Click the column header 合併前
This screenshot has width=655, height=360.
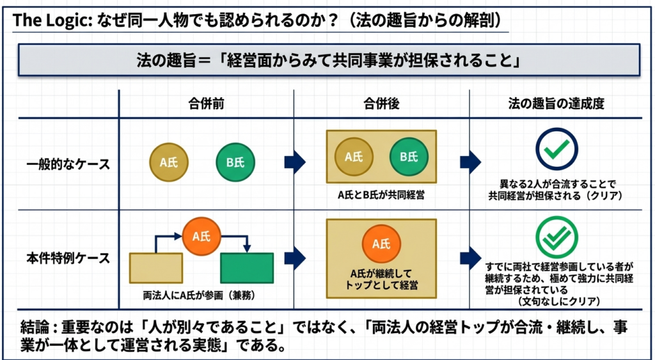point(206,104)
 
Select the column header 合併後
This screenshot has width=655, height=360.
point(381,104)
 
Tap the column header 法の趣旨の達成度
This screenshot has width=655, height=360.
point(556,104)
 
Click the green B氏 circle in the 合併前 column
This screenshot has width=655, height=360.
point(235,162)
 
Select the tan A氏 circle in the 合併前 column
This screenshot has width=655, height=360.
point(169,162)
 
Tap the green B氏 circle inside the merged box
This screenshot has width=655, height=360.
point(408,157)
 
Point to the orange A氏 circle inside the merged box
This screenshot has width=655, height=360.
point(381,244)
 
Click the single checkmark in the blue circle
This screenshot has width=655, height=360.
point(556,149)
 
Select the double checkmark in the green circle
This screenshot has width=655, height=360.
point(556,237)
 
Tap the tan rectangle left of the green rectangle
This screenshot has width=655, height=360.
point(156,268)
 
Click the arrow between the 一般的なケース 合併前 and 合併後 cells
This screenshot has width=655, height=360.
point(295,163)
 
